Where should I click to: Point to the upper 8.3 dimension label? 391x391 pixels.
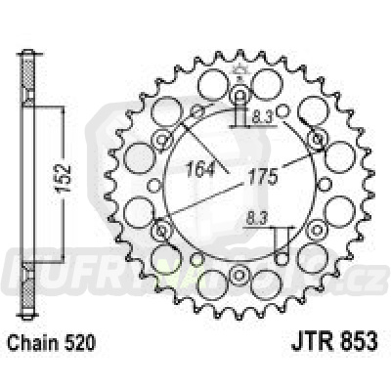coord(259,115)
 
